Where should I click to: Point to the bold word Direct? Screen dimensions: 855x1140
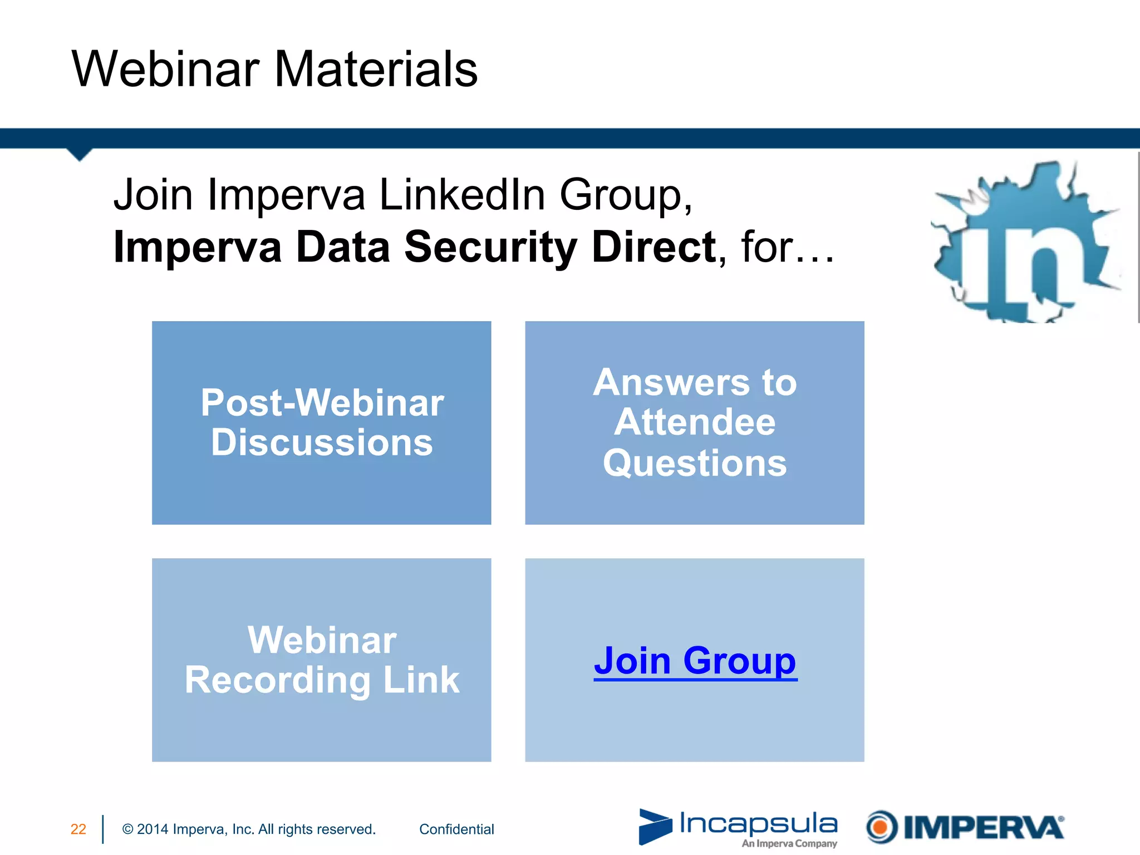point(654,247)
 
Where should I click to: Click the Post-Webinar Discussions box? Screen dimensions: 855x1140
point(322,422)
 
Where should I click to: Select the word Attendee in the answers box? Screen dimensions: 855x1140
point(695,422)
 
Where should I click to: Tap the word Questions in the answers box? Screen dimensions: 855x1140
point(695,463)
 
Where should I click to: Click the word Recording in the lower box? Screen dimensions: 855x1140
point(277,680)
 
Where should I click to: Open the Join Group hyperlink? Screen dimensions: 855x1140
point(695,661)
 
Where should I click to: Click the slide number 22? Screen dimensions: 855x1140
point(78,829)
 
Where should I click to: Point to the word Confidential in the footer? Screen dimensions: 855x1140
point(456,829)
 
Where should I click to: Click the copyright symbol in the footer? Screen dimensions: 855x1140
point(127,829)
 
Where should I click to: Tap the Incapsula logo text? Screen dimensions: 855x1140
point(758,823)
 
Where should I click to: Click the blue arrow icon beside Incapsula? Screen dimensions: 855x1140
point(655,827)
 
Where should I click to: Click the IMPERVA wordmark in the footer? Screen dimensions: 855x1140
point(983,828)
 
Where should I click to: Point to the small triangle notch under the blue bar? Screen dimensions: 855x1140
point(79,154)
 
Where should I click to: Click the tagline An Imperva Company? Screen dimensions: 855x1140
point(789,844)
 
